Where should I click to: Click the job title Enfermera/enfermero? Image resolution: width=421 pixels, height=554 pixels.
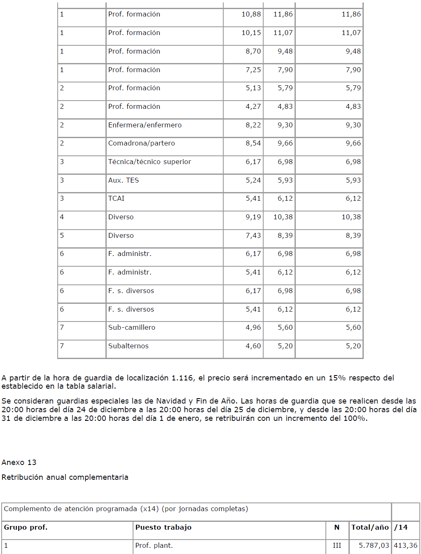click(145, 125)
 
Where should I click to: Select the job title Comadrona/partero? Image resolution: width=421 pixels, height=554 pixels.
click(141, 143)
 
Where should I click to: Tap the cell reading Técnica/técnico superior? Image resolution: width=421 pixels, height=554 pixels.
click(150, 162)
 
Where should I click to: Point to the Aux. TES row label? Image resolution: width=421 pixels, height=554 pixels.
click(124, 180)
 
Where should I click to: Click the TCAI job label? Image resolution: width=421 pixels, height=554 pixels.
click(116, 198)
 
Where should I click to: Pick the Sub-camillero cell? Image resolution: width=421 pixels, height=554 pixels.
click(131, 327)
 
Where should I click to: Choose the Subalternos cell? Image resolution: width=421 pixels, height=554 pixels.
click(128, 346)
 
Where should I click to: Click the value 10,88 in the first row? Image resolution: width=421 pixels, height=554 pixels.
click(251, 14)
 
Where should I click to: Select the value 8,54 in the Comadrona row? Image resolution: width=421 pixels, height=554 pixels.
click(253, 143)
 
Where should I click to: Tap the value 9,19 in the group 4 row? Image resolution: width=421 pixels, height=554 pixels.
click(253, 217)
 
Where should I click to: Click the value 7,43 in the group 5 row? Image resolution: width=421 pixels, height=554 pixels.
click(253, 235)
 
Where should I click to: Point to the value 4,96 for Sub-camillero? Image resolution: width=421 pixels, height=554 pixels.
click(253, 327)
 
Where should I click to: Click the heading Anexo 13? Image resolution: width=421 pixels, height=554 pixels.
click(19, 462)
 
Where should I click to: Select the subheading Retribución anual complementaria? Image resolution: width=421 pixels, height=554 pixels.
click(65, 477)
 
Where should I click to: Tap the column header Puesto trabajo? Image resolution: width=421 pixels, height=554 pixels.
click(163, 527)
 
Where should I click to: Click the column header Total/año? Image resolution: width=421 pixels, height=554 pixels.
click(370, 527)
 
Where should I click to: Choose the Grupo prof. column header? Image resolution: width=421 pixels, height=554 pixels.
click(26, 527)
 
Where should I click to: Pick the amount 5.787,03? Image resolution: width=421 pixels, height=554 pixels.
click(374, 545)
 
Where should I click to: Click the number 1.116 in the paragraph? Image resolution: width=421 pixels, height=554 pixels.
click(182, 378)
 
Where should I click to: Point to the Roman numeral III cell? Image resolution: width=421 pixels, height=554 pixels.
click(337, 545)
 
